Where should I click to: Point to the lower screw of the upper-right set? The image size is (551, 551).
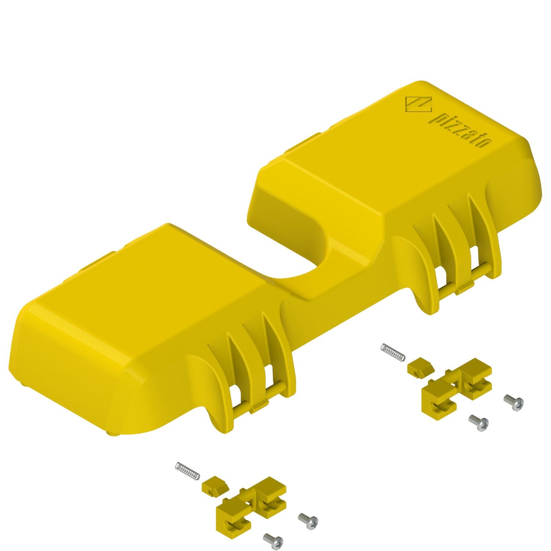479,422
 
